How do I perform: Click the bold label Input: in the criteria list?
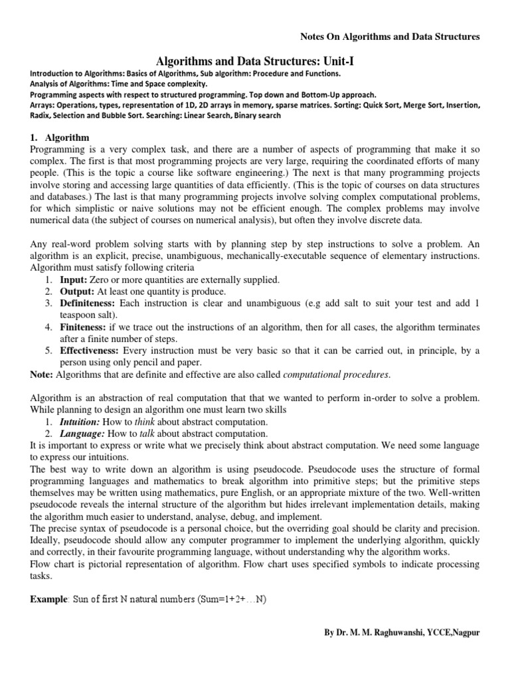tap(74, 280)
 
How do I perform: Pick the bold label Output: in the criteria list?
tap(77, 292)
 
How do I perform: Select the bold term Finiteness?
tap(85, 327)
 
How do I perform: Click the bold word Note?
tap(42, 375)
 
